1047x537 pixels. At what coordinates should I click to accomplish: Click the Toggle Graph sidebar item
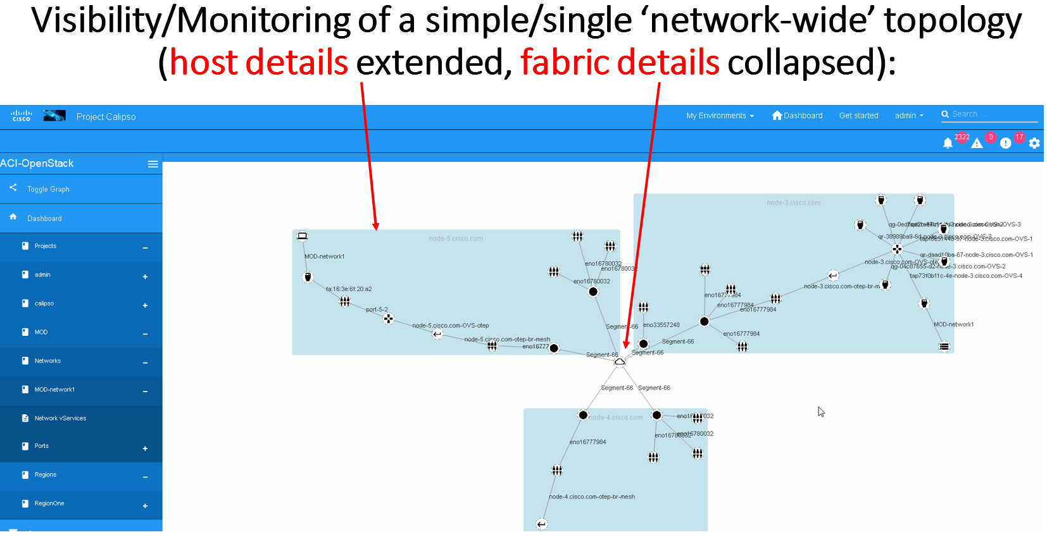click(x=48, y=189)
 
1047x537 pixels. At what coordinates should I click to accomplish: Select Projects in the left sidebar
click(x=46, y=246)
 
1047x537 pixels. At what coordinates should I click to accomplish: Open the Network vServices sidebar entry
click(x=60, y=418)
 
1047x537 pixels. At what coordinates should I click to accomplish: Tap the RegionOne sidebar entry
click(x=49, y=503)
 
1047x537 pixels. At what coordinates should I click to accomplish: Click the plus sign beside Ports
click(x=145, y=448)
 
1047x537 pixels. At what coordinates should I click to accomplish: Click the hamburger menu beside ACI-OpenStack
click(x=153, y=164)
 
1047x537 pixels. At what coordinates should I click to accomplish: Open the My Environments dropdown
click(x=720, y=116)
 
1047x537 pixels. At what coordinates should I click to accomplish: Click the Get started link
click(x=858, y=116)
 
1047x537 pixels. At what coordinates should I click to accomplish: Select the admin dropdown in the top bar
click(x=908, y=116)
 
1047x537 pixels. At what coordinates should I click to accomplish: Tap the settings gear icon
click(x=1034, y=143)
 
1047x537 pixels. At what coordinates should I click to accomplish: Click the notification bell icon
click(x=948, y=143)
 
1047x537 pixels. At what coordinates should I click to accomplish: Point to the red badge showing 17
click(x=1019, y=137)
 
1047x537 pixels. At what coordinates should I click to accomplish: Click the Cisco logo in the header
click(x=22, y=116)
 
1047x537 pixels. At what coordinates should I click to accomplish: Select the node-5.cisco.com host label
click(x=456, y=238)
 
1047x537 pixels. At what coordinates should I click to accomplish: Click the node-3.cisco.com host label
click(x=793, y=202)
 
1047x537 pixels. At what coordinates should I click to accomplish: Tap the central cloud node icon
click(x=620, y=362)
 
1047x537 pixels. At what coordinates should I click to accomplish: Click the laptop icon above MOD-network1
click(x=303, y=237)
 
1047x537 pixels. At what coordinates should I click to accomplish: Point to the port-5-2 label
click(x=377, y=309)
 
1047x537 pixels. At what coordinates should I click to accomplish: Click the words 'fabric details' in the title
click(x=620, y=63)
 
